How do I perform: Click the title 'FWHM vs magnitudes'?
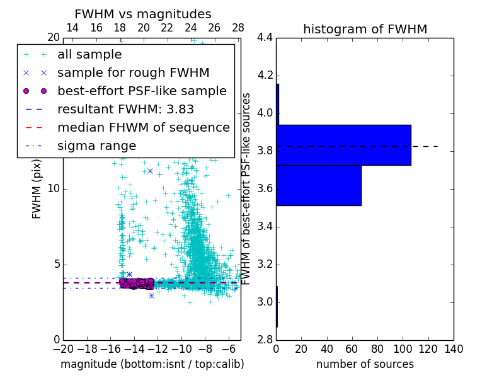click(143, 14)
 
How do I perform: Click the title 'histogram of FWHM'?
click(365, 29)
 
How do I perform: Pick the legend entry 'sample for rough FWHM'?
click(133, 72)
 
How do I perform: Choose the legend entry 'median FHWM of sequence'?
click(143, 127)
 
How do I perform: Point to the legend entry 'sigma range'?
click(96, 146)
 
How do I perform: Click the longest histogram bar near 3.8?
click(343, 145)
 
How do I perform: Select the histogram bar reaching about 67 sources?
click(318, 185)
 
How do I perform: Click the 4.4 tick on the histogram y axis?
click(265, 38)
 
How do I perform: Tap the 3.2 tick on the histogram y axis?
click(265, 264)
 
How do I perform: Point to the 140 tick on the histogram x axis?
click(453, 348)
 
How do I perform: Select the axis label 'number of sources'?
click(365, 364)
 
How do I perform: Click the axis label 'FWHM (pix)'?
click(37, 189)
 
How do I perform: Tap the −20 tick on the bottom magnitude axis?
click(63, 348)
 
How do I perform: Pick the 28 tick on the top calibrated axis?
click(238, 28)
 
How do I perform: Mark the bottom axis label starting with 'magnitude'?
click(152, 364)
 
